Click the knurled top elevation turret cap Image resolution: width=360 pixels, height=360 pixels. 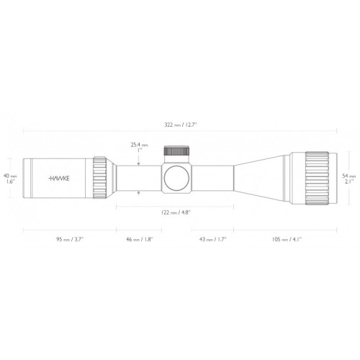click(176, 152)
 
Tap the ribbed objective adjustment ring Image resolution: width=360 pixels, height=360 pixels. click(315, 176)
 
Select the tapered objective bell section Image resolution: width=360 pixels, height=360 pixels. click(259, 176)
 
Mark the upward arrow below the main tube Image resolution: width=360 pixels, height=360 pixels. click(138, 192)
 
